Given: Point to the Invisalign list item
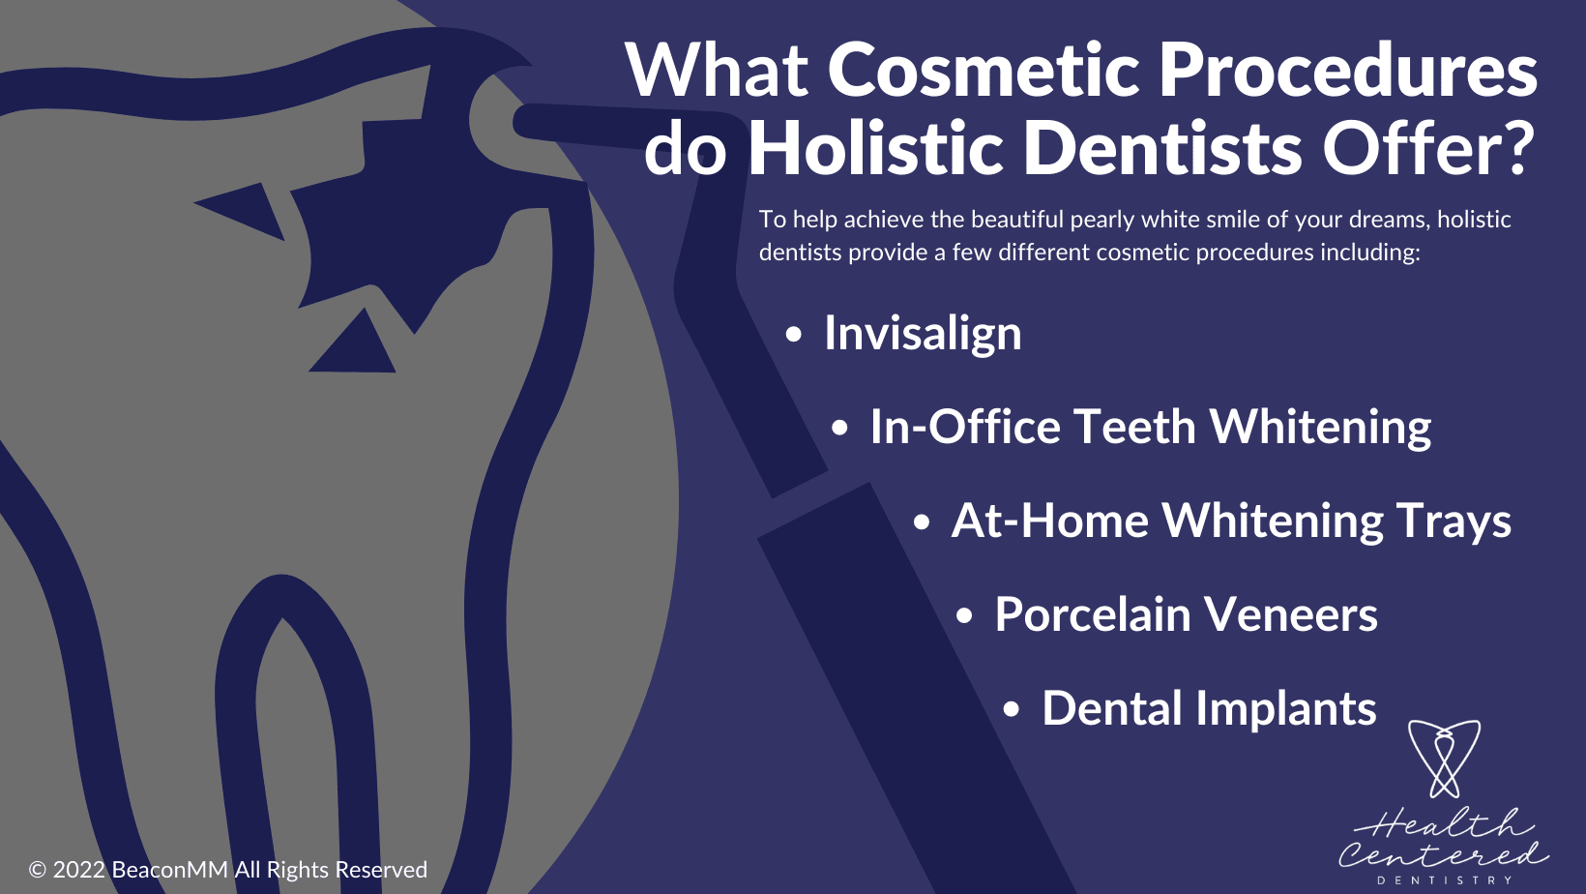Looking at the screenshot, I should [922, 334].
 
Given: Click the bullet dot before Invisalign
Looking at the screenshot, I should [794, 335].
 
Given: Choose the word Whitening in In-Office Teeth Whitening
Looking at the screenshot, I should [1320, 428].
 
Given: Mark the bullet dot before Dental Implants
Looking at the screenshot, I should [1011, 710].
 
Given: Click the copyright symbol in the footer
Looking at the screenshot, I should [38, 870].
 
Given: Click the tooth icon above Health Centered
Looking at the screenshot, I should [1444, 758].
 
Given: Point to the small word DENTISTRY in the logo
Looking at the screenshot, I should [1444, 880].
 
